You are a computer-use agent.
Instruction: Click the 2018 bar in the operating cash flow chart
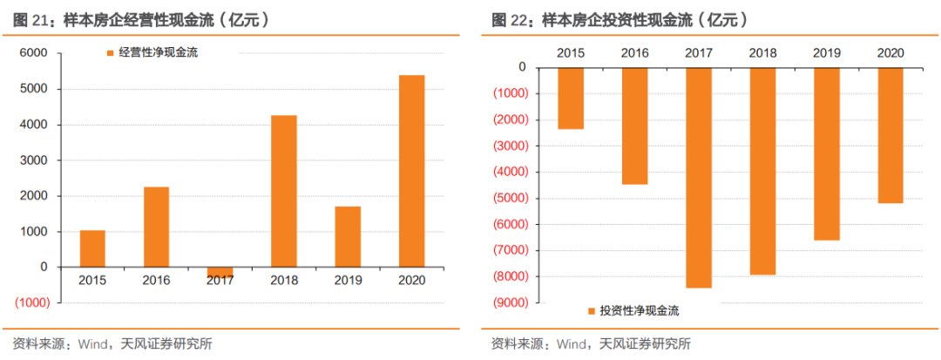(x=284, y=191)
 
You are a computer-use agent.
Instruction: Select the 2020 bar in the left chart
(x=411, y=171)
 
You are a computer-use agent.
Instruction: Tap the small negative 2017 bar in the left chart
(x=220, y=272)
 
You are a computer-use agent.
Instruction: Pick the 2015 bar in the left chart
(x=92, y=248)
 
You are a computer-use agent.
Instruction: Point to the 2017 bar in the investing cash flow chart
(x=699, y=177)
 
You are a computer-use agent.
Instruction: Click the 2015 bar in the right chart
(x=571, y=98)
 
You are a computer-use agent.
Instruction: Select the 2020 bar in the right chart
(x=890, y=135)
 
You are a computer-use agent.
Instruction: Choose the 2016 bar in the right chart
(x=634, y=126)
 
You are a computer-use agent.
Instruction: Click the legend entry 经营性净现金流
(x=158, y=53)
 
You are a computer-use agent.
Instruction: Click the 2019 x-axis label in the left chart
(x=348, y=281)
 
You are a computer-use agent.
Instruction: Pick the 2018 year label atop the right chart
(x=762, y=53)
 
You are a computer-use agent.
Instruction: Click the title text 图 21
(x=33, y=19)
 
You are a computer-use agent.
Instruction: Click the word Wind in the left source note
(x=96, y=343)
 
